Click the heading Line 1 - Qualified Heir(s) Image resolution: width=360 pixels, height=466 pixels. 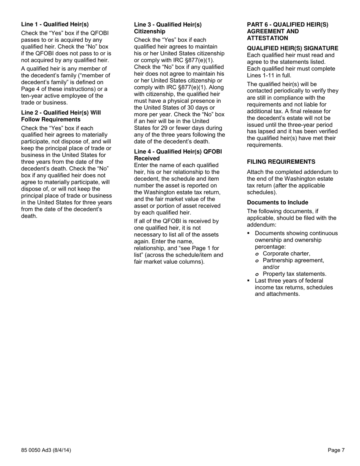pos(55,25)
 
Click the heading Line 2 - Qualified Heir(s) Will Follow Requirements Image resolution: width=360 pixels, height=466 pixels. pos(61,116)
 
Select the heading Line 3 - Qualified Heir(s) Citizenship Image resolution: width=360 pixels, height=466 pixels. pos(167,28)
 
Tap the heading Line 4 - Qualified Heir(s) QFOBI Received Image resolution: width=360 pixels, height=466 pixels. pos(178,155)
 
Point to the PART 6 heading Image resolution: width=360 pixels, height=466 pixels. pos(287,31)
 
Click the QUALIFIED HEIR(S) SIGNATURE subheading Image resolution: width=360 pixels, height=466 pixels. pos(293,48)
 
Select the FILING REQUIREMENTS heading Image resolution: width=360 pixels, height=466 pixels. pos(281,162)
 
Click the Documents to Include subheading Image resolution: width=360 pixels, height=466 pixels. pos(277,203)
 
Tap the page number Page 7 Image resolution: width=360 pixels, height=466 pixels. pos(336,450)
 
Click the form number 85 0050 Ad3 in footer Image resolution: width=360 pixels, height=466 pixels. pos(46,450)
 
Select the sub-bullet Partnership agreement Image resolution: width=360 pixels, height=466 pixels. pos(293,261)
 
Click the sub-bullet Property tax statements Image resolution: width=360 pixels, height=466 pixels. pos(294,274)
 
